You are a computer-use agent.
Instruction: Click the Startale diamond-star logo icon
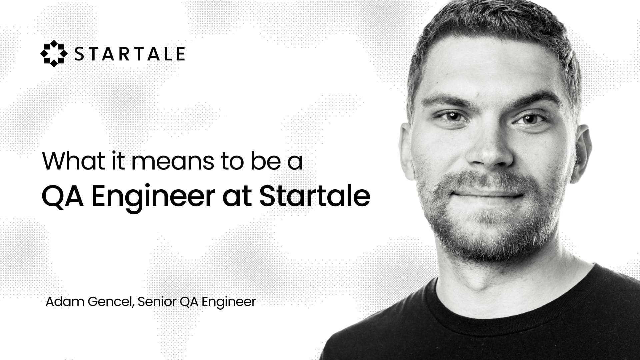coord(53,54)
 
